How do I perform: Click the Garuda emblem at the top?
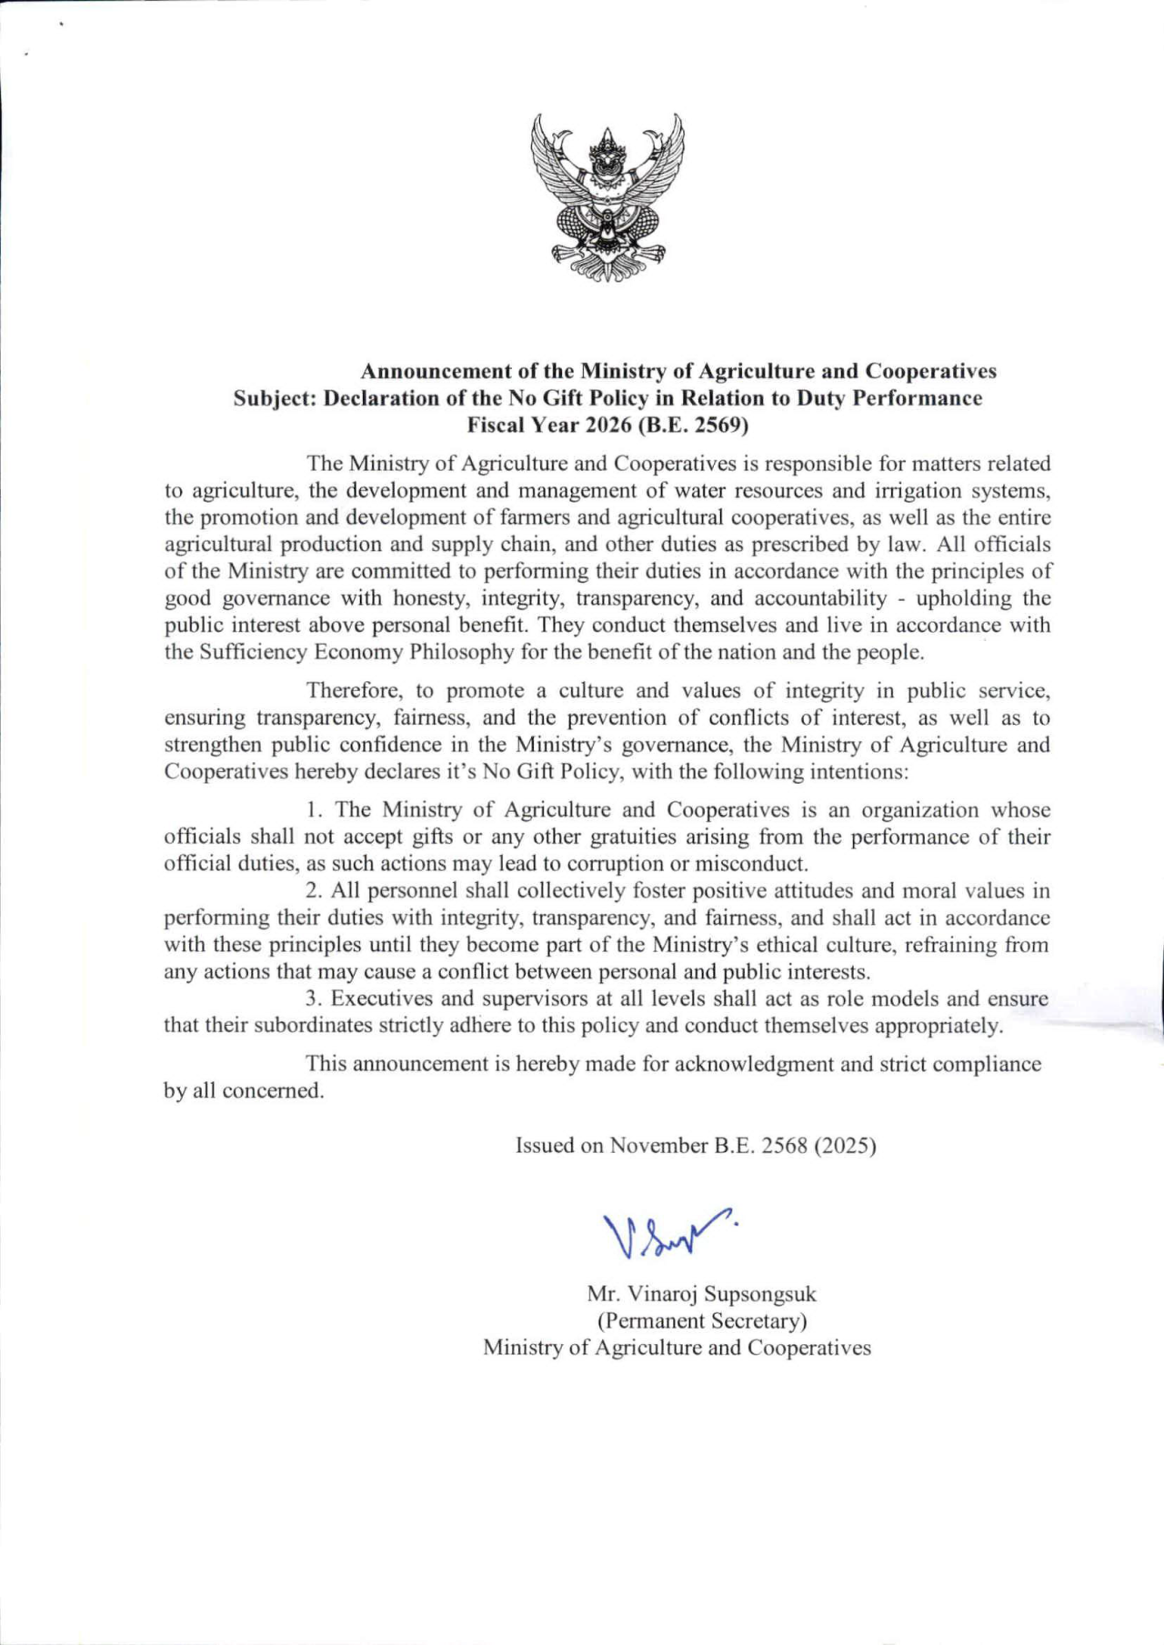607,197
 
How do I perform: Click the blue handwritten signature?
668,1234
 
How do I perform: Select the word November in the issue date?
658,1146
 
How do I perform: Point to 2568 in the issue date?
782,1146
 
